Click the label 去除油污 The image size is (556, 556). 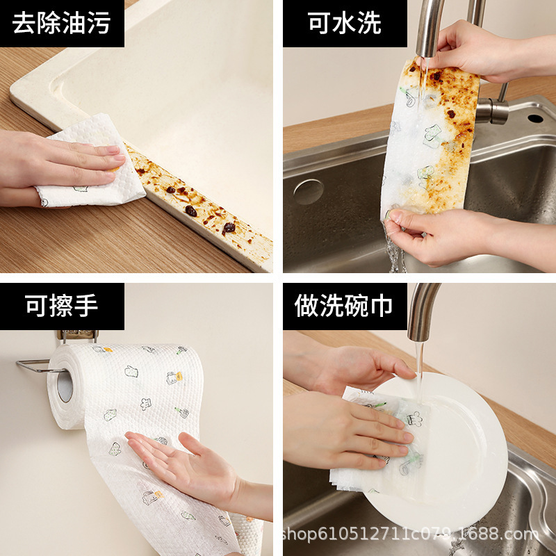click(62, 23)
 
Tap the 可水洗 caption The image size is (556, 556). click(345, 23)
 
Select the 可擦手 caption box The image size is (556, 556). click(62, 306)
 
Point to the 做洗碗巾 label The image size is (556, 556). click(345, 306)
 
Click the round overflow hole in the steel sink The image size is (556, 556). click(308, 192)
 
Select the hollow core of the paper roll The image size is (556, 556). click(65, 386)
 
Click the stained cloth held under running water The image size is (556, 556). click(431, 139)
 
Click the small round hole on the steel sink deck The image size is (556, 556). click(535, 118)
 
